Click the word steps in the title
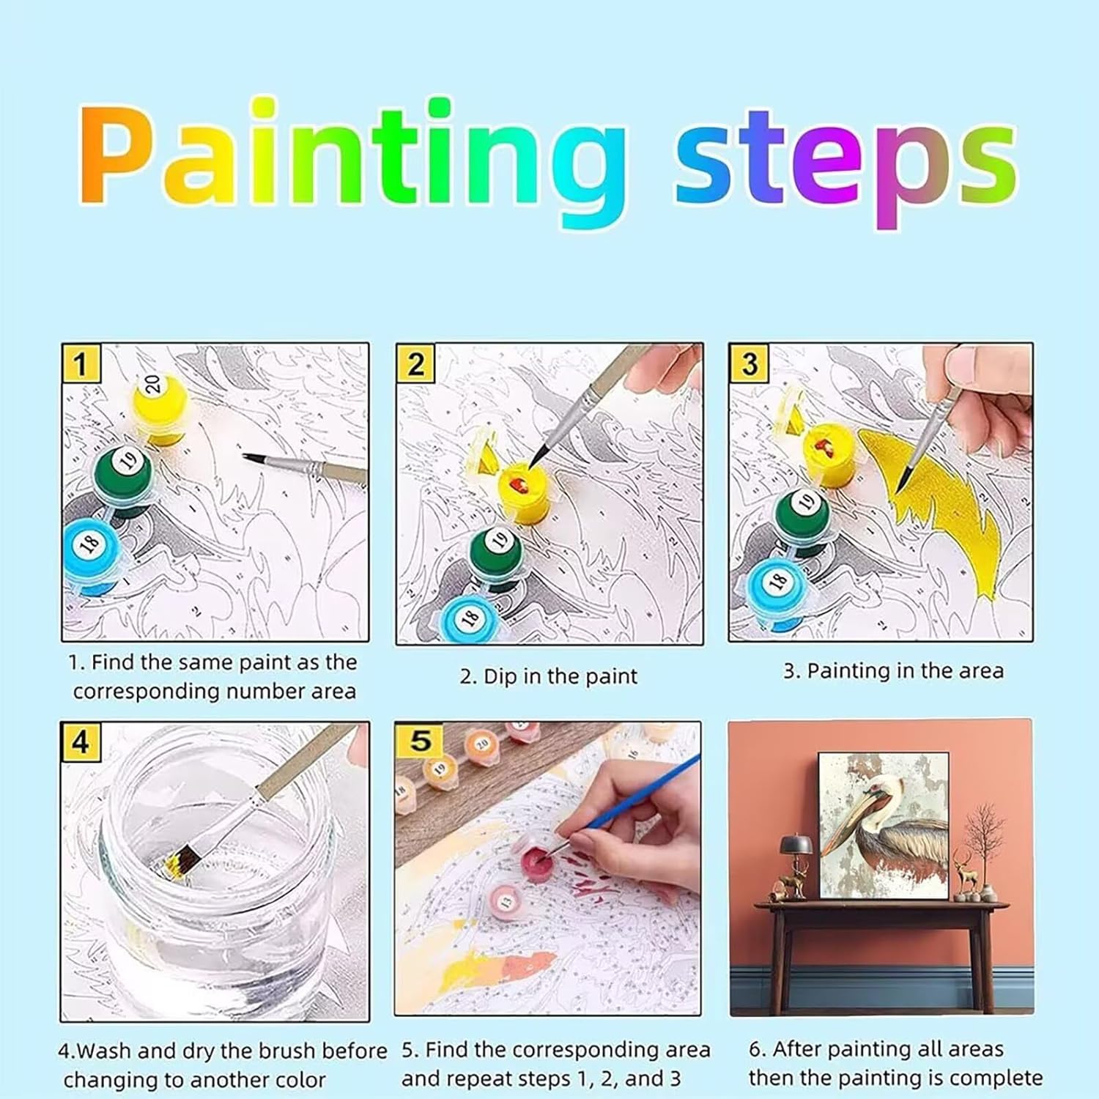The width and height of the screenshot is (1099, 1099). (846, 169)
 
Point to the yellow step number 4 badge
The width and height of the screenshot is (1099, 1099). (81, 742)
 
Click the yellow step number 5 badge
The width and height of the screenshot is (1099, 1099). (420, 740)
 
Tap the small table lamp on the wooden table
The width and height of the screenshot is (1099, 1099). (791, 857)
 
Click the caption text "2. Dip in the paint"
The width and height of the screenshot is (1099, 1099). (549, 676)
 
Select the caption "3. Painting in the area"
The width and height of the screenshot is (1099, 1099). (893, 671)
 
